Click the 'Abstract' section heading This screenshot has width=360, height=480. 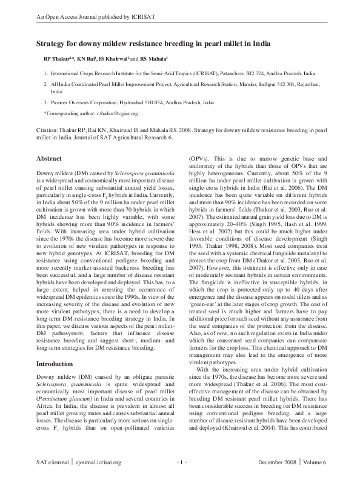(50, 158)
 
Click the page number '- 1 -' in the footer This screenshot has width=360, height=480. (180, 463)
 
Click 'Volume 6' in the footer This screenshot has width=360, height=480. (313, 463)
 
